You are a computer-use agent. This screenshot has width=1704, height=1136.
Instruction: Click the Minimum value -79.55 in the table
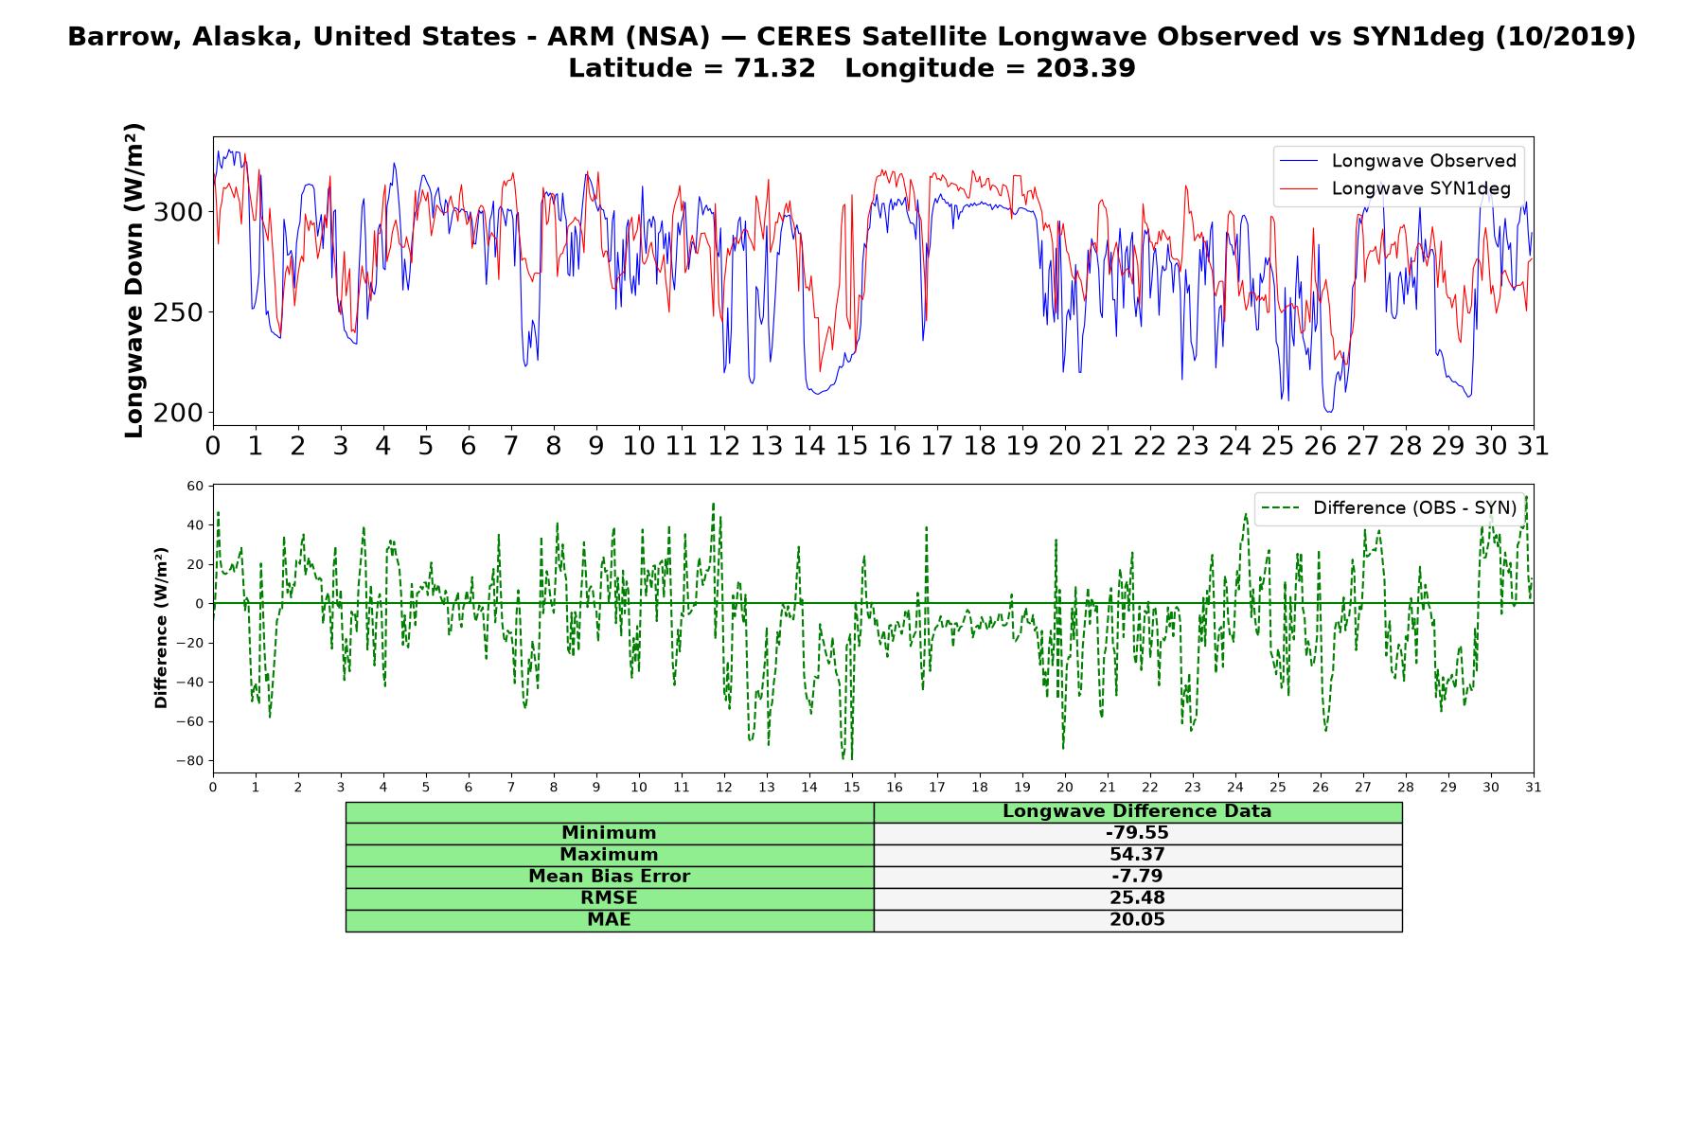pos(1137,833)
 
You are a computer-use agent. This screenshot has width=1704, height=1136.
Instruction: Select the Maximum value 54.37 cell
pos(1137,855)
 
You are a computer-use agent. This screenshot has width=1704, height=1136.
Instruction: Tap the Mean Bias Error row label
pos(609,877)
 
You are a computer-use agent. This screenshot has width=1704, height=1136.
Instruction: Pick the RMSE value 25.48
pos(1137,898)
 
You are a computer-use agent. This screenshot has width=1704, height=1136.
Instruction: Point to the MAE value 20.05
pos(1137,920)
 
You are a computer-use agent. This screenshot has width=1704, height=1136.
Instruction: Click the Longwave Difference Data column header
pos(1137,811)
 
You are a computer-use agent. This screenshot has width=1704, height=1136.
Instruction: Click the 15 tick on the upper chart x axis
pos(852,446)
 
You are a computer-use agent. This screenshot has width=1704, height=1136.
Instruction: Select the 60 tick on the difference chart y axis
pos(195,487)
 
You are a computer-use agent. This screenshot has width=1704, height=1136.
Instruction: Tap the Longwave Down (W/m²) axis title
pos(134,280)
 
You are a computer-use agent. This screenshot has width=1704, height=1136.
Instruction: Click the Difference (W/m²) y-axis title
pos(161,628)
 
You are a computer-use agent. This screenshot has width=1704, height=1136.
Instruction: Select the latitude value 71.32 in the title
pos(774,69)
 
